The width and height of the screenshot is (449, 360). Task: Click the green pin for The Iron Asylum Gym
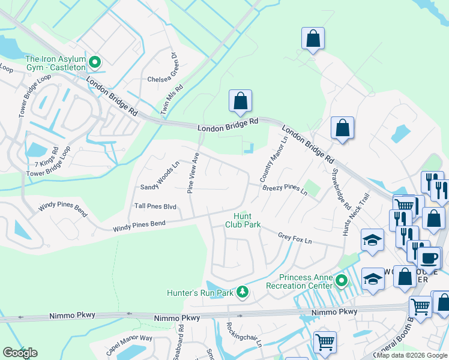click(x=95, y=62)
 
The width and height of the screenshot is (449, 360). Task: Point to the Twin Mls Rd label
click(x=171, y=99)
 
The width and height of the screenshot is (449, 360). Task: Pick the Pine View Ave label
click(x=193, y=173)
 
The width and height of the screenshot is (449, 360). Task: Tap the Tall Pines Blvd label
click(x=155, y=206)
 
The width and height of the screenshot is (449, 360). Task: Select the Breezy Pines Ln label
click(x=285, y=190)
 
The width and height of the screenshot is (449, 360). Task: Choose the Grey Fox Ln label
click(x=295, y=238)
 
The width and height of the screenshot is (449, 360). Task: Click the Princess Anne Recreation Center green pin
click(x=342, y=280)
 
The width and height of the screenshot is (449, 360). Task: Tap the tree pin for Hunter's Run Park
click(x=242, y=292)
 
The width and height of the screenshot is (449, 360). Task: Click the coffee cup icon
click(x=429, y=258)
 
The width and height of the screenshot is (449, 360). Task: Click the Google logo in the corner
click(x=20, y=353)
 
